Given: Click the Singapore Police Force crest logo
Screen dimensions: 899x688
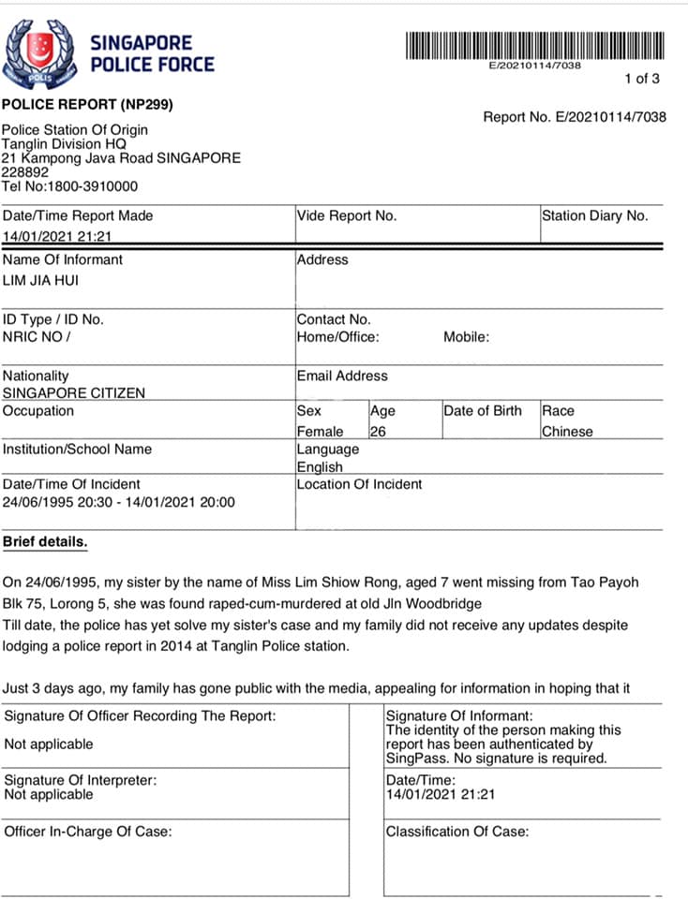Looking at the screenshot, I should (x=40, y=53).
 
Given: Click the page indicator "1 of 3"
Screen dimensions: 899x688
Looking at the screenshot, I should (x=642, y=79).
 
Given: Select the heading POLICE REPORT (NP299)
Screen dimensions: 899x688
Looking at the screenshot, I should (x=87, y=105).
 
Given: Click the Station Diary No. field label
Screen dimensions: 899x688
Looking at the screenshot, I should (x=594, y=215).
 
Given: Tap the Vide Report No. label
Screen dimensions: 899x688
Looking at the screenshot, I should (x=347, y=215).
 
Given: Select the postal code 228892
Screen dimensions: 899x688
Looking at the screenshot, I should (x=25, y=172).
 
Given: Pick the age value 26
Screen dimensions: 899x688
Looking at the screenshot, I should (x=378, y=432).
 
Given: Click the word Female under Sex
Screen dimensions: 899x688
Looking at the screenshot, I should (x=320, y=432).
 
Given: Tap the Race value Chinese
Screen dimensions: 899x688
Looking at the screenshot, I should (x=567, y=432).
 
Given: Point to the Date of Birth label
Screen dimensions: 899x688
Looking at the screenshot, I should (x=483, y=410).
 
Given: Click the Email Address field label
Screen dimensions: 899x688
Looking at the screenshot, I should (x=342, y=376).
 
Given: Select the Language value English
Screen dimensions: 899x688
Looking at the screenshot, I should (x=320, y=466).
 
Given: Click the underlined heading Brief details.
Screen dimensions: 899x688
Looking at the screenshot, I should (x=45, y=541).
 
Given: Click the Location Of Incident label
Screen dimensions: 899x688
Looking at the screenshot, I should (x=359, y=484).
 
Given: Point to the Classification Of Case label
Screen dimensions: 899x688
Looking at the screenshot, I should (x=456, y=831).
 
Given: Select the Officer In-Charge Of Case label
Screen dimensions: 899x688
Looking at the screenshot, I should (x=88, y=831).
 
